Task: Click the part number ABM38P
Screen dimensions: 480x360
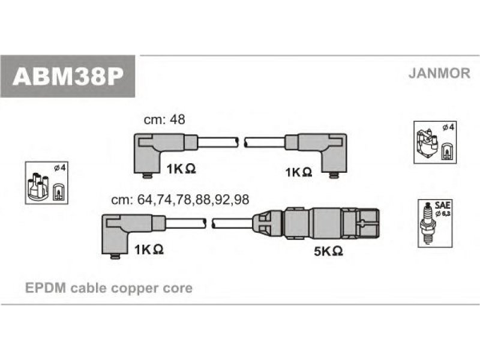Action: click(x=68, y=76)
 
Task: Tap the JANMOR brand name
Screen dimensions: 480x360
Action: click(x=439, y=73)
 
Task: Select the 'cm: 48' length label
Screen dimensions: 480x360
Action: click(x=164, y=119)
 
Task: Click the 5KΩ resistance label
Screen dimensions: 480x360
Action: click(x=328, y=251)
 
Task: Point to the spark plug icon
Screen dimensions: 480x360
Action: click(x=428, y=223)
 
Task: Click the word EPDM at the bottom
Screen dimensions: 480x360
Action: click(x=46, y=288)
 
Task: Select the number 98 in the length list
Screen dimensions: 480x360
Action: click(x=241, y=200)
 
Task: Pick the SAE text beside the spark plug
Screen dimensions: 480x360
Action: click(x=442, y=205)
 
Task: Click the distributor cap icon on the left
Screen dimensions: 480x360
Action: click(x=38, y=187)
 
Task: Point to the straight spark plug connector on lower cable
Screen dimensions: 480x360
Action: click(x=316, y=223)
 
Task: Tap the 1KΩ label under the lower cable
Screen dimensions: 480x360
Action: click(x=149, y=250)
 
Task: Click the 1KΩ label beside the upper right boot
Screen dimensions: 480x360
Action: click(x=299, y=172)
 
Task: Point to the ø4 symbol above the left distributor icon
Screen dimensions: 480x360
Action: click(x=59, y=168)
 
